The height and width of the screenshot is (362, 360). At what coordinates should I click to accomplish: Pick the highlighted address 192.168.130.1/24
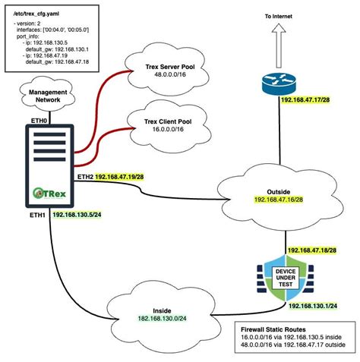(312, 306)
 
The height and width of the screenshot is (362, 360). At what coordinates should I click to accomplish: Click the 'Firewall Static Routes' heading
(267, 328)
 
